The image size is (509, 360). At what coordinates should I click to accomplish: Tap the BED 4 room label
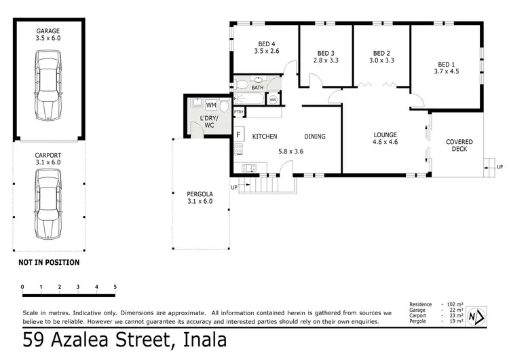pyautogui.click(x=266, y=43)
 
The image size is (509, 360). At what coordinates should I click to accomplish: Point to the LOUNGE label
pyautogui.click(x=385, y=135)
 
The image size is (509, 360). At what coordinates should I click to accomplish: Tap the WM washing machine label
pyautogui.click(x=210, y=106)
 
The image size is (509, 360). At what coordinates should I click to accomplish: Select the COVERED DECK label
pyautogui.click(x=459, y=146)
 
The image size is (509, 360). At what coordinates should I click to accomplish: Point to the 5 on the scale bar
pyautogui.click(x=115, y=287)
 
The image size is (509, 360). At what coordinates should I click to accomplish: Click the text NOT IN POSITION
pyautogui.click(x=49, y=262)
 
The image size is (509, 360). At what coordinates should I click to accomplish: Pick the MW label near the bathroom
pyautogui.click(x=273, y=101)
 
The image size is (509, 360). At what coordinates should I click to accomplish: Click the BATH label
pyautogui.click(x=257, y=88)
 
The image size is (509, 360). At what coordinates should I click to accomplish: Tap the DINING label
pyautogui.click(x=314, y=137)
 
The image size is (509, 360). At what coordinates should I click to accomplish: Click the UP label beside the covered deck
pyautogui.click(x=499, y=166)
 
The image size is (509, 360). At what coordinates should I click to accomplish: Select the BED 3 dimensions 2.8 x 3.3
pyautogui.click(x=325, y=60)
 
